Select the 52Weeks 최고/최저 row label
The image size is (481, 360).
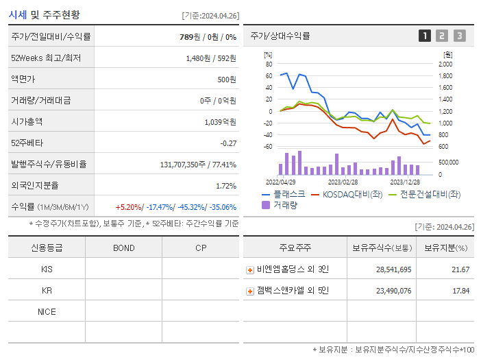(46, 58)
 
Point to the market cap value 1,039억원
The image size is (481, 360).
(220, 122)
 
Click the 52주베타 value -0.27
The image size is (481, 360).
(227, 143)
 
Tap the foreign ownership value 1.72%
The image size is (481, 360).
(226, 186)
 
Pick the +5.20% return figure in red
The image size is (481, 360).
(128, 207)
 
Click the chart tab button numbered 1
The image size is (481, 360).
(425, 36)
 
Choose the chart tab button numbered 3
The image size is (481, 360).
(459, 36)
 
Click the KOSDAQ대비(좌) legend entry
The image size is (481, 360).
(347, 194)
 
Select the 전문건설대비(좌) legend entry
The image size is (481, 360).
(425, 194)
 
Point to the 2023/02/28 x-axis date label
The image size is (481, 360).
(343, 182)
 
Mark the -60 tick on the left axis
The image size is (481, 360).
(269, 147)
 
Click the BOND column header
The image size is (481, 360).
(123, 248)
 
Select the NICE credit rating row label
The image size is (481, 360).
(47, 312)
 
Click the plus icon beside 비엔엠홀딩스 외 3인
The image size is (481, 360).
(250, 270)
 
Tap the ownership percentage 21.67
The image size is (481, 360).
(461, 270)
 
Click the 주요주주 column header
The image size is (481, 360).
(295, 248)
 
